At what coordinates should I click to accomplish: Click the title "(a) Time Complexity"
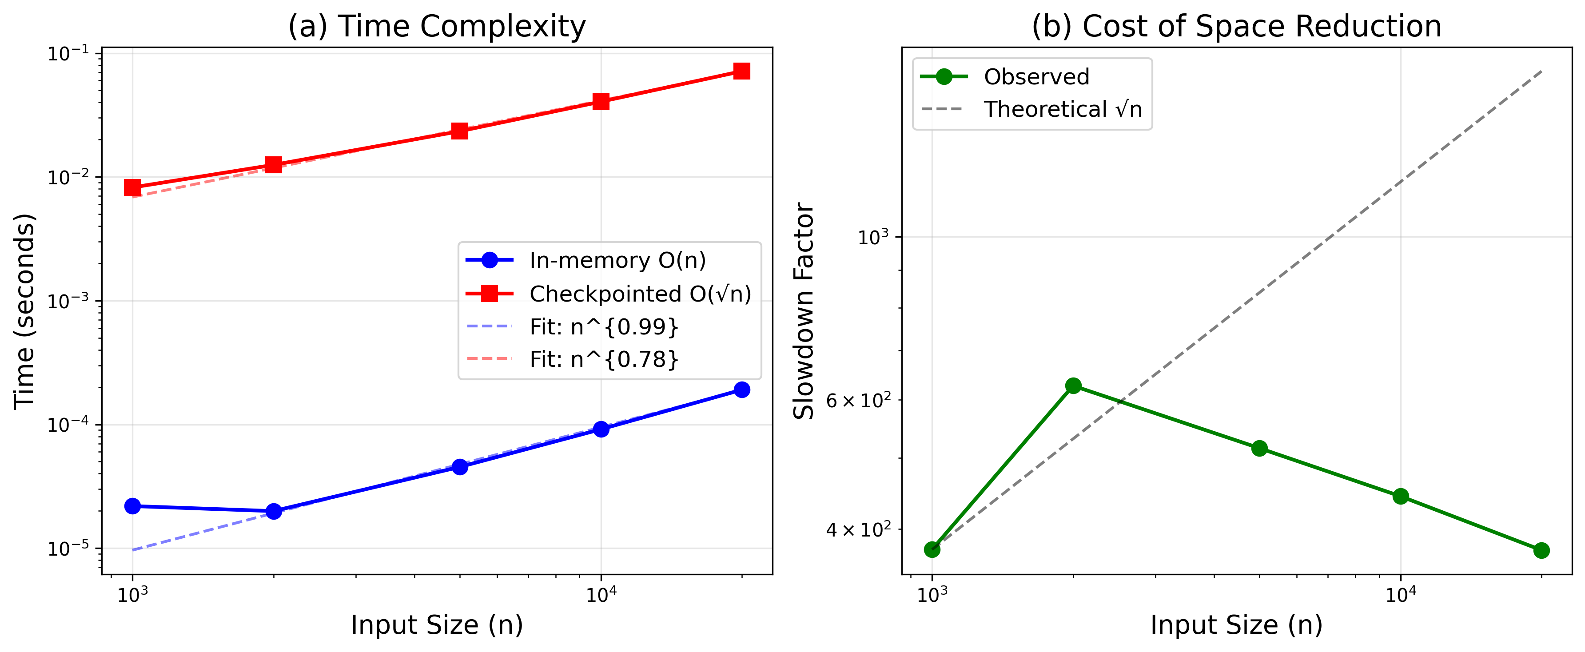point(437,27)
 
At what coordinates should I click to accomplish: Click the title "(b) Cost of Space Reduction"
point(1237,27)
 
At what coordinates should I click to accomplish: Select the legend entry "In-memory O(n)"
point(617,261)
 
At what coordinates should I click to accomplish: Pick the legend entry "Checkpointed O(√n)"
point(640,294)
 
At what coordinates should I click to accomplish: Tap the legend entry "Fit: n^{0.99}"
point(604,326)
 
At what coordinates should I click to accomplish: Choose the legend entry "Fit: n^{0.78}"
point(604,359)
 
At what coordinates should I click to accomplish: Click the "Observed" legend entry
point(1036,77)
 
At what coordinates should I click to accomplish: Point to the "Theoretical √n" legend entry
point(1063,110)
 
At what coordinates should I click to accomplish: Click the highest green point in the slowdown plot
point(1073,386)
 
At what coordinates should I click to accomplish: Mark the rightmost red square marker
point(742,72)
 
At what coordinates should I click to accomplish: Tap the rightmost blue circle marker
point(742,390)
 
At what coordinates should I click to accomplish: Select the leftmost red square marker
point(132,187)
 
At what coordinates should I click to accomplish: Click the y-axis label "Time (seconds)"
point(24,310)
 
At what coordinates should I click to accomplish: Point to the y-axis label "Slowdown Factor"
point(804,310)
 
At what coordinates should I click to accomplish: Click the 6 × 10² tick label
point(858,401)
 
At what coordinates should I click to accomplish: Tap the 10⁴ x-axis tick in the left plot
point(601,594)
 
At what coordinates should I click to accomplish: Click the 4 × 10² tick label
point(858,529)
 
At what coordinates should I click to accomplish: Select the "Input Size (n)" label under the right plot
point(1237,625)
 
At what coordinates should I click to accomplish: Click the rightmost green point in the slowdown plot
point(1541,550)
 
